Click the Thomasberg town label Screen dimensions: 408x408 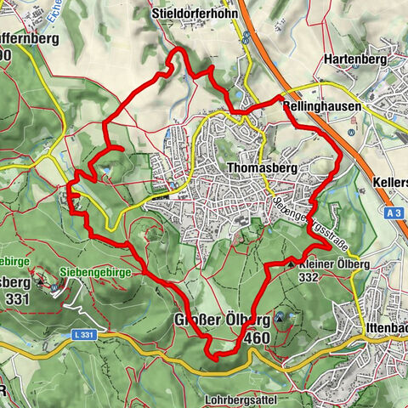click(263, 168)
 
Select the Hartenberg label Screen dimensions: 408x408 click(354, 60)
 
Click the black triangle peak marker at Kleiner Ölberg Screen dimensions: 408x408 click(292, 264)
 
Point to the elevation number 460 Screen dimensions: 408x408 click(257, 338)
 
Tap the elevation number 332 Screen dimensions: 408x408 click(309, 277)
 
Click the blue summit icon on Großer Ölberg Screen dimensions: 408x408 click(292, 316)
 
